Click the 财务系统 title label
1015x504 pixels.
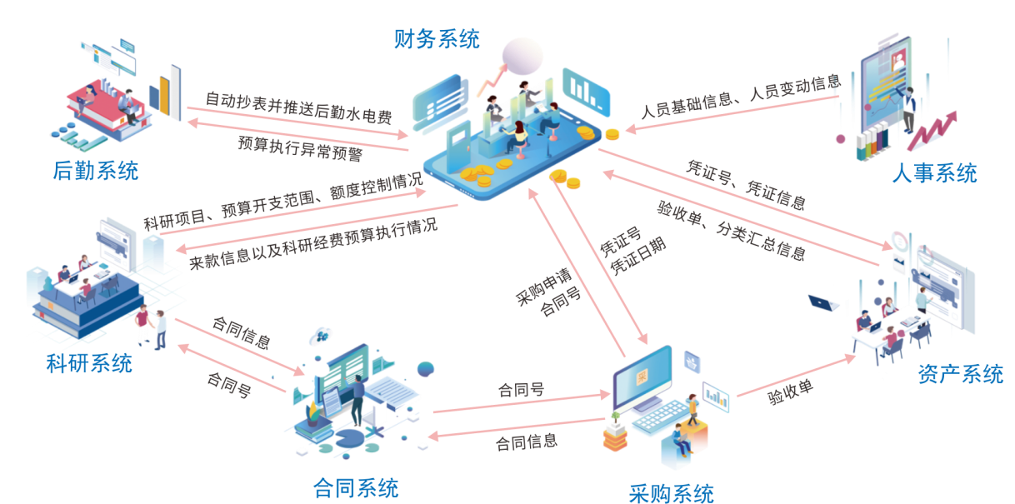(x=437, y=39)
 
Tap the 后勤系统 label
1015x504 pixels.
(x=95, y=172)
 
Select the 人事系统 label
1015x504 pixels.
(x=934, y=173)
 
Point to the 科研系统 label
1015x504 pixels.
(x=89, y=363)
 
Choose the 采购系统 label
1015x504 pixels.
(x=671, y=492)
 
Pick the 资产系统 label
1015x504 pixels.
(x=960, y=375)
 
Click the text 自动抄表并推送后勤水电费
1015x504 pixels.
(x=297, y=107)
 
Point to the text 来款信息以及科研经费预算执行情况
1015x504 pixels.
(x=312, y=244)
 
